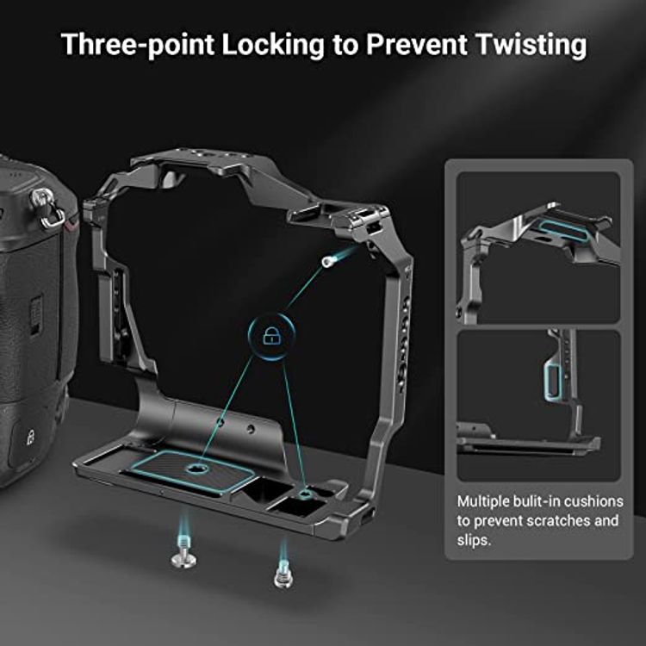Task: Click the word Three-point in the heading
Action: click(x=138, y=45)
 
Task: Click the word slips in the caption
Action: click(x=473, y=540)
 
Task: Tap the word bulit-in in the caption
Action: click(x=537, y=500)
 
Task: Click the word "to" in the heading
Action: click(x=346, y=45)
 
